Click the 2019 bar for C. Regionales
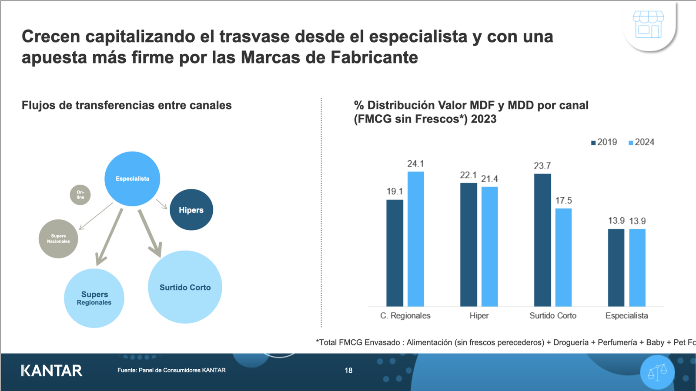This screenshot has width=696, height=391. click(395, 253)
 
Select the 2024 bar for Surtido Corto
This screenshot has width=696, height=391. click(563, 257)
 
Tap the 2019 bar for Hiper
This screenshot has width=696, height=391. click(468, 245)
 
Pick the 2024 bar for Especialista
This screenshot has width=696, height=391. click(637, 268)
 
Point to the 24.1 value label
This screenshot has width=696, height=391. click(415, 164)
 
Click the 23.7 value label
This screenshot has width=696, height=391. click(542, 166)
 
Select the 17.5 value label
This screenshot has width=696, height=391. click(563, 201)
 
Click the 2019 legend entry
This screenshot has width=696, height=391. click(604, 142)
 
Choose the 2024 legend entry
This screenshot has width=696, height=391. click(641, 142)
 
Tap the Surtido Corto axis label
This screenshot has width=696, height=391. click(552, 316)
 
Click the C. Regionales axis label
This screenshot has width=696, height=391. click(405, 316)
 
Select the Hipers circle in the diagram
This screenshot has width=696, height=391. click(191, 210)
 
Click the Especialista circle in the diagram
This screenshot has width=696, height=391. click(132, 179)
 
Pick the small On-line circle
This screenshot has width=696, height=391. click(80, 195)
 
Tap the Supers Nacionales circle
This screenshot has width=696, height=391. click(58, 239)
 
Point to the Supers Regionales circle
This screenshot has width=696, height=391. click(94, 298)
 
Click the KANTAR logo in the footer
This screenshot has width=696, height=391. click(51, 371)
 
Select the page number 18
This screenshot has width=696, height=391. click(348, 371)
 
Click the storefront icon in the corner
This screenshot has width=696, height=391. click(648, 25)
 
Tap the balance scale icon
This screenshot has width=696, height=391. click(657, 372)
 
